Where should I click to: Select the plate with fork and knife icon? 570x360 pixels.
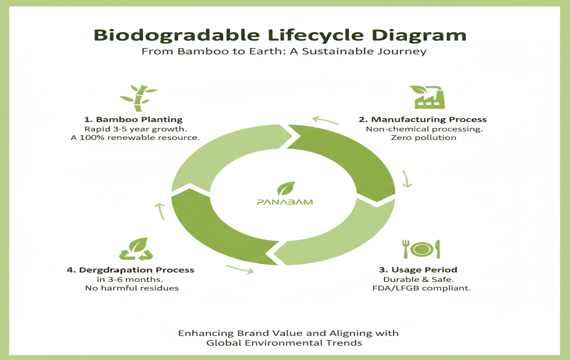421,248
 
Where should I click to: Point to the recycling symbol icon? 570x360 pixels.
135,249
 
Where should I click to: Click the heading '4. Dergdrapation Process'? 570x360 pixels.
131,270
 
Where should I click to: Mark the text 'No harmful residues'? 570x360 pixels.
128,288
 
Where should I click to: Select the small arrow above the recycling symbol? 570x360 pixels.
158,211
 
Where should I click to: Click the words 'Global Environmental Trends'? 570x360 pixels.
284,343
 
